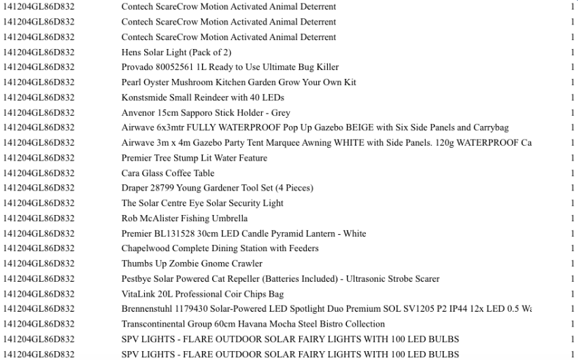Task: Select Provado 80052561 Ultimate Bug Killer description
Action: (230, 67)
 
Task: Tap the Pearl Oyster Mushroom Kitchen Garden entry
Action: (239, 82)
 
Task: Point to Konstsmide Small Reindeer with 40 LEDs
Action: (203, 97)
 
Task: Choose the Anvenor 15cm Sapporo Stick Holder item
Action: (205, 113)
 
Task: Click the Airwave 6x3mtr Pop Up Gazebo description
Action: (315, 128)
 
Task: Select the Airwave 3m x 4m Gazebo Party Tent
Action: (326, 143)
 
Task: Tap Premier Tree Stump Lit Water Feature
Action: (194, 158)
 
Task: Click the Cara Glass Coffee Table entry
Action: (167, 173)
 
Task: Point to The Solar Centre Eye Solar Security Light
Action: (202, 203)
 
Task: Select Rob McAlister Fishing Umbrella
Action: (184, 218)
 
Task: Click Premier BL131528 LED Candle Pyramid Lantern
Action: (243, 233)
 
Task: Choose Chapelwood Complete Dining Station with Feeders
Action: (220, 248)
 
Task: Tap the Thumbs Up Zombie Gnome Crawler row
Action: (192, 263)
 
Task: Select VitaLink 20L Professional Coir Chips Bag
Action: (202, 294)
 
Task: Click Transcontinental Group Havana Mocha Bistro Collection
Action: (253, 324)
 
